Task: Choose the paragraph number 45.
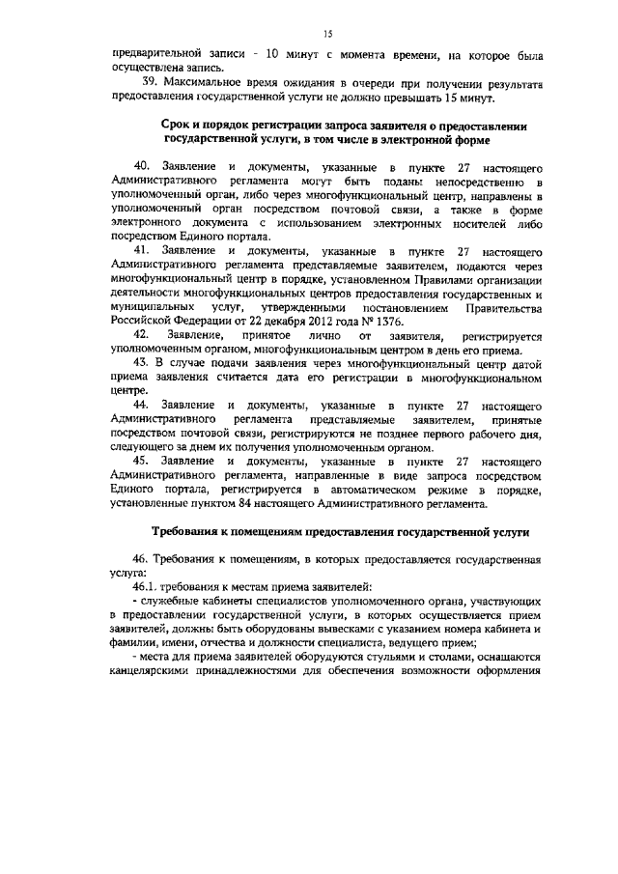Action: tap(142, 462)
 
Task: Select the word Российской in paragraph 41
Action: tap(144, 320)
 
